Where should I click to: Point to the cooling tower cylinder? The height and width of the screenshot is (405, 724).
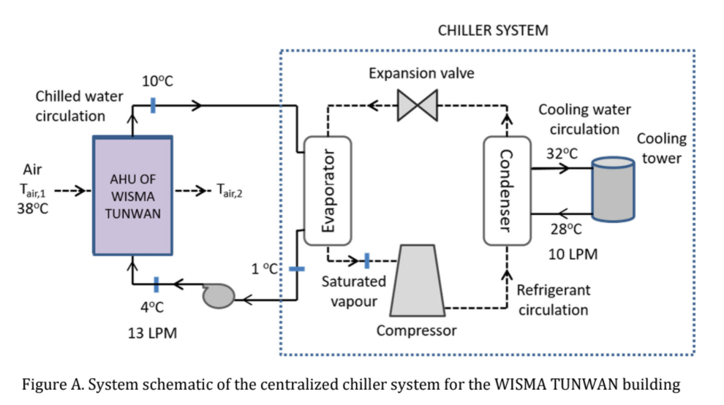613,188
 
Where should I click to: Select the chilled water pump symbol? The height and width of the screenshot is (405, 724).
217,296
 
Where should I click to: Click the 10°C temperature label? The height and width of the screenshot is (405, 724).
157,80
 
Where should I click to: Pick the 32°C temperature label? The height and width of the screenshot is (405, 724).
562,154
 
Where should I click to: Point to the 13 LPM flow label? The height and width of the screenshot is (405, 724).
152,333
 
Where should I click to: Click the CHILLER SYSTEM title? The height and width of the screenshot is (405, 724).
492,31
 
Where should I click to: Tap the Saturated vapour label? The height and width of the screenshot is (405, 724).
354,291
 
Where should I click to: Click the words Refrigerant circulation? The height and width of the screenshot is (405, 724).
553,300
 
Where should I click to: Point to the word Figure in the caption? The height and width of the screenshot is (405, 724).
45,385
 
